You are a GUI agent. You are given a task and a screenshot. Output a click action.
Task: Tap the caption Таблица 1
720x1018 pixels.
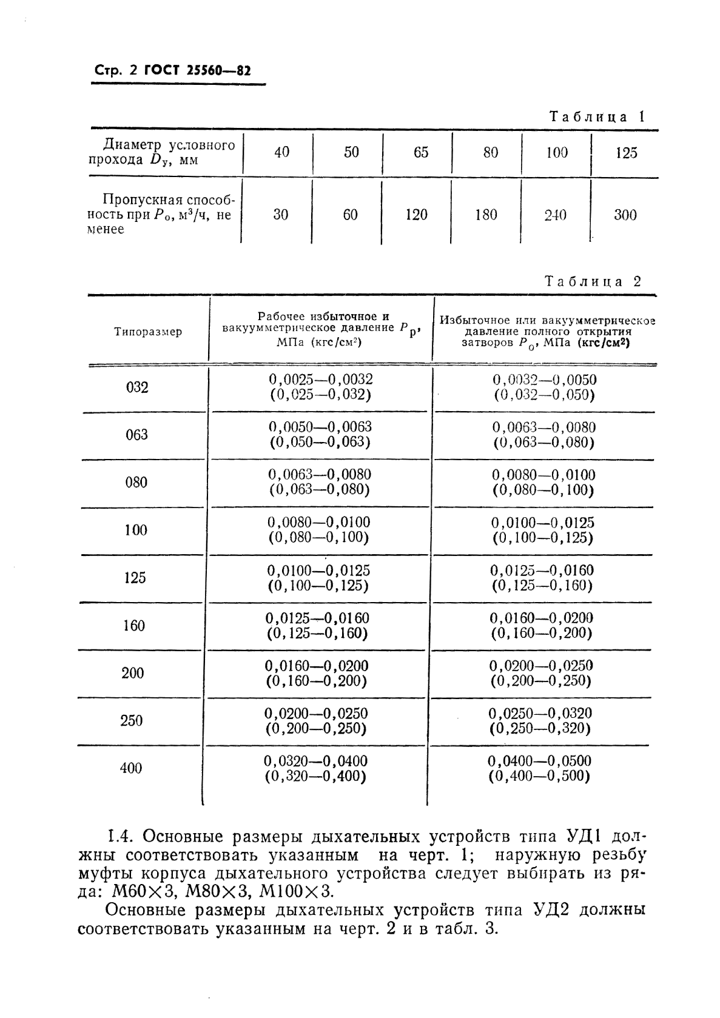point(596,117)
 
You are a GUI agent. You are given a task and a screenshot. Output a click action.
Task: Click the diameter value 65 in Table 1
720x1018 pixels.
point(420,152)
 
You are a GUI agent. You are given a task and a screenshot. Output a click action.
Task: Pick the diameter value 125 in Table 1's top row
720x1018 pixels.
point(625,153)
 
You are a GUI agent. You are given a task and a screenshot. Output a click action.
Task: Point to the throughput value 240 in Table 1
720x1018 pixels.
point(555,215)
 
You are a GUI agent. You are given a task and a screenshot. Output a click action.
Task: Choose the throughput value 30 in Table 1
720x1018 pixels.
point(280,215)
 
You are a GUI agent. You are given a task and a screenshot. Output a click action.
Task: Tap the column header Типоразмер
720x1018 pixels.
point(147,332)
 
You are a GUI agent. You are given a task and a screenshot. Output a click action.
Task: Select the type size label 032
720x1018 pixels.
point(137,387)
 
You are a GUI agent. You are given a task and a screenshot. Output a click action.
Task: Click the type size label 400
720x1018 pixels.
point(131,768)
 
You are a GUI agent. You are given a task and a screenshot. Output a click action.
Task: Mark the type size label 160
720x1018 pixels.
point(134,625)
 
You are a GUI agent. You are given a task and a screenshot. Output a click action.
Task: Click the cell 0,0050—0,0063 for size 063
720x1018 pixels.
point(320,427)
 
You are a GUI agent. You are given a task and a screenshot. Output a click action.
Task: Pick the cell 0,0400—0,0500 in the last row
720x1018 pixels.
point(539,761)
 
